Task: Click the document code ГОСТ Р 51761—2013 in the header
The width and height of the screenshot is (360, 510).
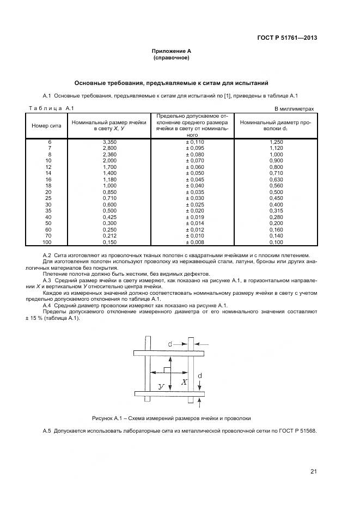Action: click(287, 38)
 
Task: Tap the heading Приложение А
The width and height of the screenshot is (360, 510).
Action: click(171, 51)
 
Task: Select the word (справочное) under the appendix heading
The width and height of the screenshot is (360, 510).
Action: click(171, 57)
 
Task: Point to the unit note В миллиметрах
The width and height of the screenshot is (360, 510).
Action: click(294, 109)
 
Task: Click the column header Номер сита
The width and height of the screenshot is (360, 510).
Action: click(46, 125)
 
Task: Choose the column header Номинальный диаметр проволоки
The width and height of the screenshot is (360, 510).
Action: click(275, 126)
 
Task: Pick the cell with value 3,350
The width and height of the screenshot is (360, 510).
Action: click(109, 142)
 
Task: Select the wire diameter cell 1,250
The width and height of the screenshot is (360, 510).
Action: click(276, 142)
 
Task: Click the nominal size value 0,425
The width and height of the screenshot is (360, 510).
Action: click(109, 217)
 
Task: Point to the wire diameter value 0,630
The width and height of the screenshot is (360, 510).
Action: click(276, 179)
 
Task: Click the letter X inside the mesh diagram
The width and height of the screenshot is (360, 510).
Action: click(184, 382)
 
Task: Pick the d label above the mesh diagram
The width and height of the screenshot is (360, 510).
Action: click(170, 344)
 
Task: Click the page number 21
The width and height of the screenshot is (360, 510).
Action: click(313, 472)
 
